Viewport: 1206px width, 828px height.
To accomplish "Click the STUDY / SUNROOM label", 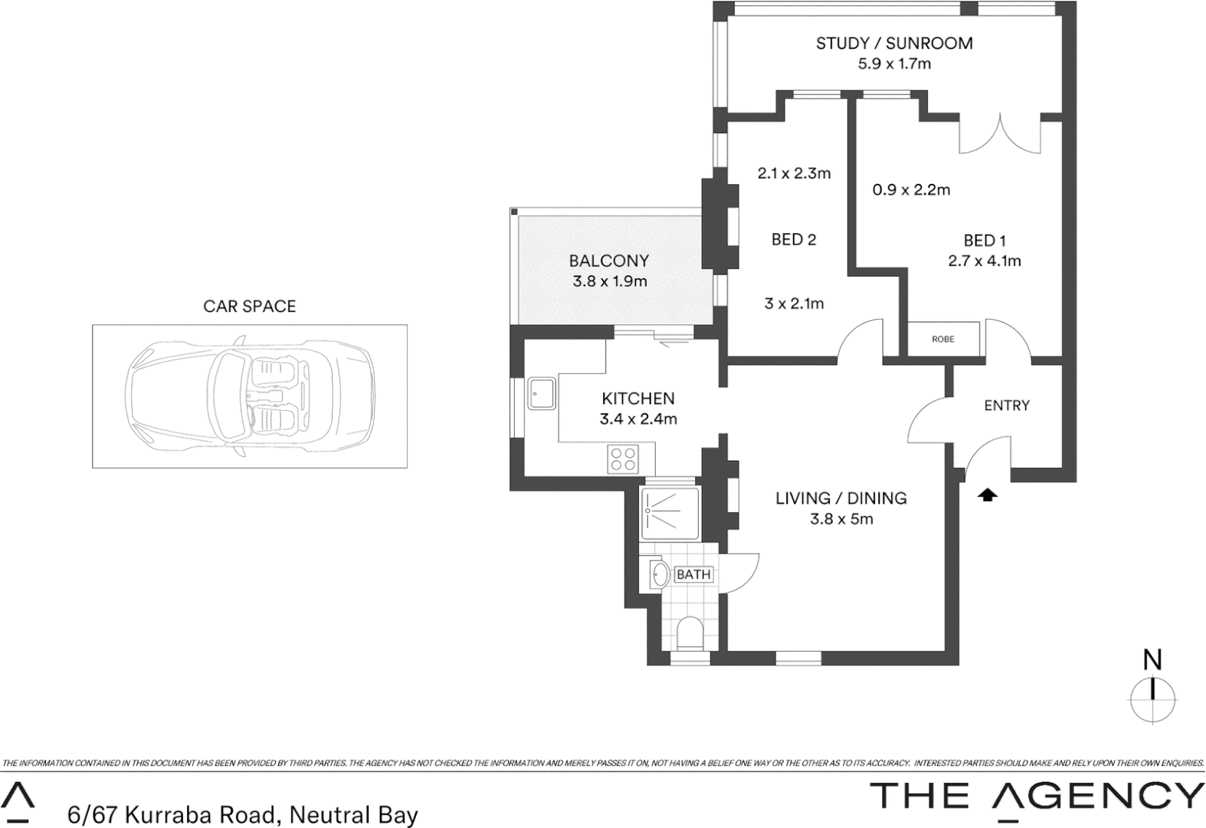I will pyautogui.click(x=894, y=44).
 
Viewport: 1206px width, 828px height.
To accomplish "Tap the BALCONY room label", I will pyautogui.click(x=609, y=261).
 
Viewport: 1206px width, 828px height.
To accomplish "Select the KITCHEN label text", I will pyautogui.click(x=638, y=399).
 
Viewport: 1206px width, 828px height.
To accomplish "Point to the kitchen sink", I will pyautogui.click(x=541, y=393).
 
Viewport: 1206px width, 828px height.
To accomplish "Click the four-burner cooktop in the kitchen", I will pyautogui.click(x=622, y=459).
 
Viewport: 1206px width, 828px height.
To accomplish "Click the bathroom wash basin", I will pyautogui.click(x=658, y=574).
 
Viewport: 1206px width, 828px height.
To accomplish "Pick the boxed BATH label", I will pyautogui.click(x=693, y=574).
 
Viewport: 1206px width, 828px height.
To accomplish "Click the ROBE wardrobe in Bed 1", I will pyautogui.click(x=943, y=339).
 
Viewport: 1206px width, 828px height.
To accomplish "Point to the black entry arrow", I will pyautogui.click(x=988, y=495).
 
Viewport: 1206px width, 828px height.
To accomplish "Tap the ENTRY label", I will pyautogui.click(x=1007, y=406).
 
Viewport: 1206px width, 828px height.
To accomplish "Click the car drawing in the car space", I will pyautogui.click(x=251, y=396).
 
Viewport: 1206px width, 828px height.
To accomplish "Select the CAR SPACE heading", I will pyautogui.click(x=249, y=307).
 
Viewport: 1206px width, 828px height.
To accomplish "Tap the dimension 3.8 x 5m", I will pyautogui.click(x=841, y=519).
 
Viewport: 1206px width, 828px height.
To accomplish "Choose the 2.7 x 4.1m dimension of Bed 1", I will pyautogui.click(x=984, y=261).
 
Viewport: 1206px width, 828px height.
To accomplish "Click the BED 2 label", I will pyautogui.click(x=794, y=240).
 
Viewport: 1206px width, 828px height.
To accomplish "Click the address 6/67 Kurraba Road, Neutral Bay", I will pyautogui.click(x=243, y=814).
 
